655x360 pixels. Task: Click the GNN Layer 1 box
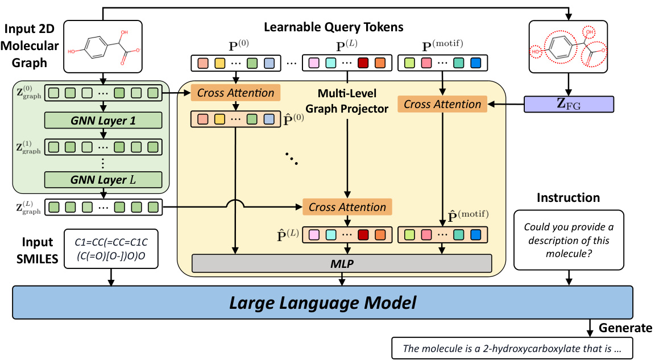coord(103,121)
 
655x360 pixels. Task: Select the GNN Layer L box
coord(103,180)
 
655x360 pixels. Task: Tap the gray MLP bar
coord(342,263)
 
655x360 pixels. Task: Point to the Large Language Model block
coord(322,303)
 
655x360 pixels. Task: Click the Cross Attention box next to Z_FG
coord(442,104)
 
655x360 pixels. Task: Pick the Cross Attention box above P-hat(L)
coord(347,207)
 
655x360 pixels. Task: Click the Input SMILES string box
coord(111,249)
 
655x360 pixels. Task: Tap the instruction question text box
coord(569,239)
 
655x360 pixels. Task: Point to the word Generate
coord(625,328)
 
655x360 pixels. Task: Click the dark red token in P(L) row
coord(363,63)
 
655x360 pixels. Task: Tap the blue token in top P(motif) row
coord(475,63)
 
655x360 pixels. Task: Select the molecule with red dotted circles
coord(568,47)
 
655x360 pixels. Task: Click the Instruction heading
coord(569,198)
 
